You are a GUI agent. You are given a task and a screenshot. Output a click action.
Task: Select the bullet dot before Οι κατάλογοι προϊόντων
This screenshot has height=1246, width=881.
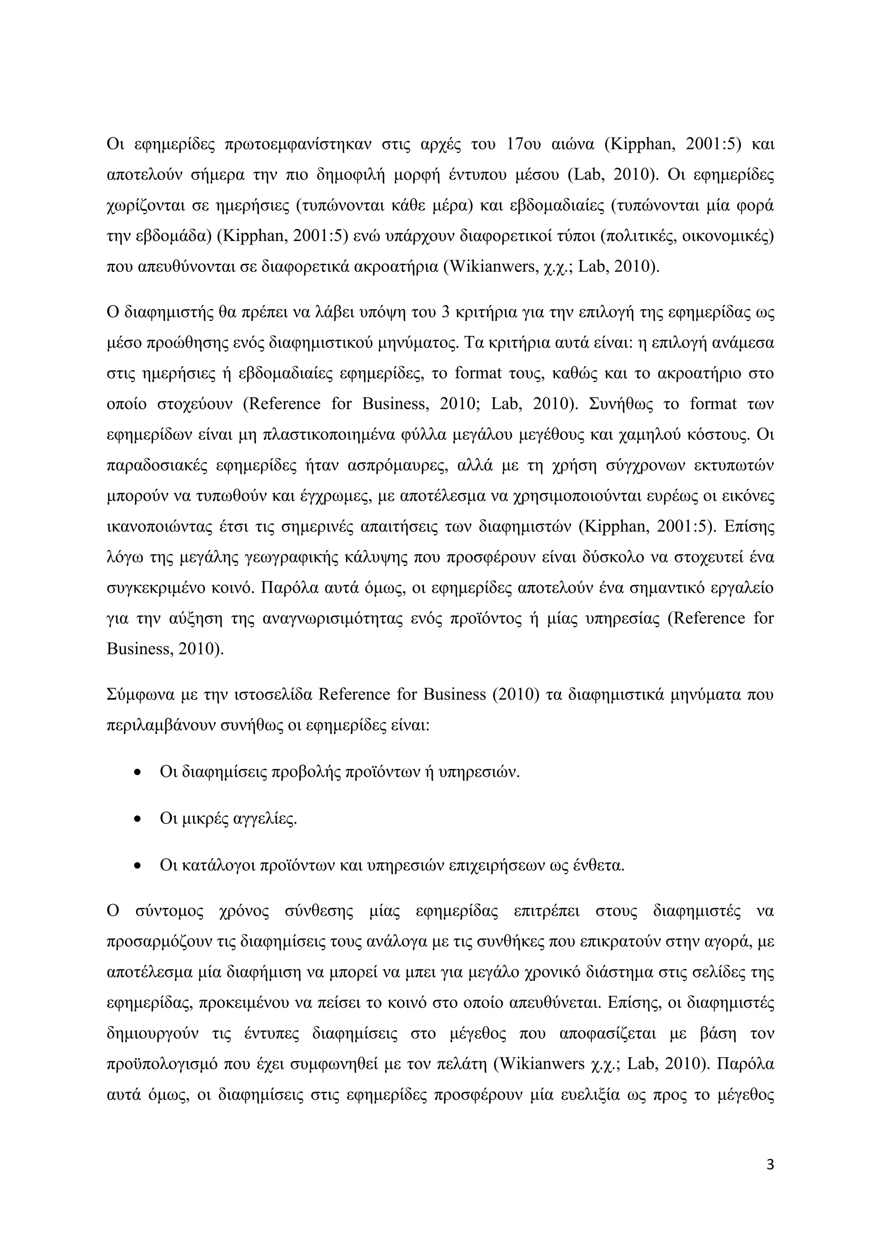click(x=137, y=866)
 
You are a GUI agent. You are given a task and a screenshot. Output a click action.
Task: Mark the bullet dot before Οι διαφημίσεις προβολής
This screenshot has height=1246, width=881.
click(x=137, y=772)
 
